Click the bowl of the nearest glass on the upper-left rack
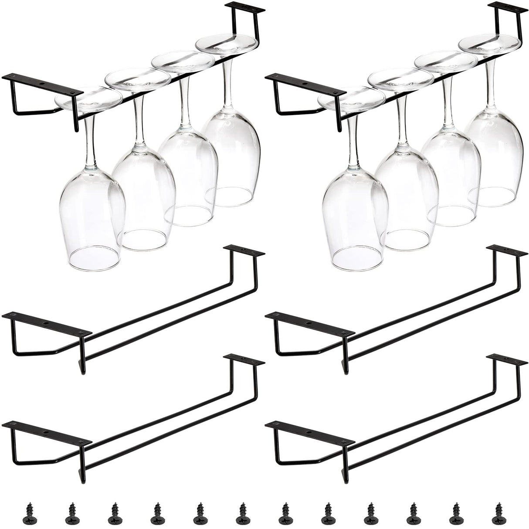92,218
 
